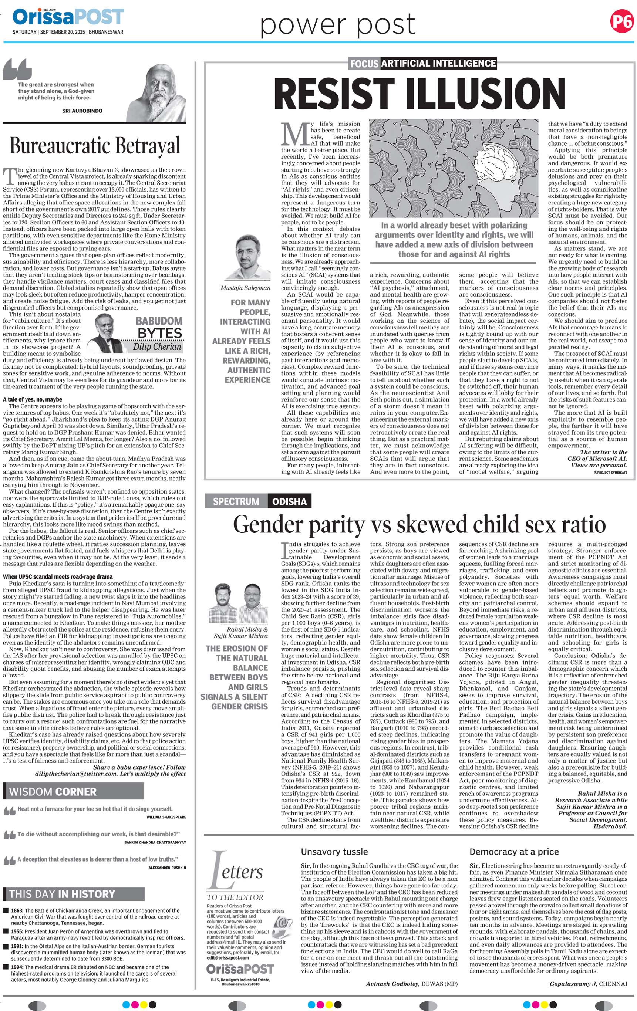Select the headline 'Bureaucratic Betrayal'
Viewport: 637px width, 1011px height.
point(95,146)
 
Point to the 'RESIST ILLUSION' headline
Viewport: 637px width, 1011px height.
point(419,94)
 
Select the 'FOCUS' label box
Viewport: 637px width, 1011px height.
point(364,64)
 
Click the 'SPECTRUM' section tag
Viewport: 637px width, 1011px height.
point(236,501)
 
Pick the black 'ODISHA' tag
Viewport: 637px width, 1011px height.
point(289,501)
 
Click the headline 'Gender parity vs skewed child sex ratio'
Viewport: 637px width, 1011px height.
point(419,525)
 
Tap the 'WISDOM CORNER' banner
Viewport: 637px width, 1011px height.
point(74,792)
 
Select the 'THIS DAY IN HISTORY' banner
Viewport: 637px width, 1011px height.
point(74,894)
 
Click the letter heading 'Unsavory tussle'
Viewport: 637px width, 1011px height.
point(334,852)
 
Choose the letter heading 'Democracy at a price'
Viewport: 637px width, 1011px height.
point(514,852)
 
